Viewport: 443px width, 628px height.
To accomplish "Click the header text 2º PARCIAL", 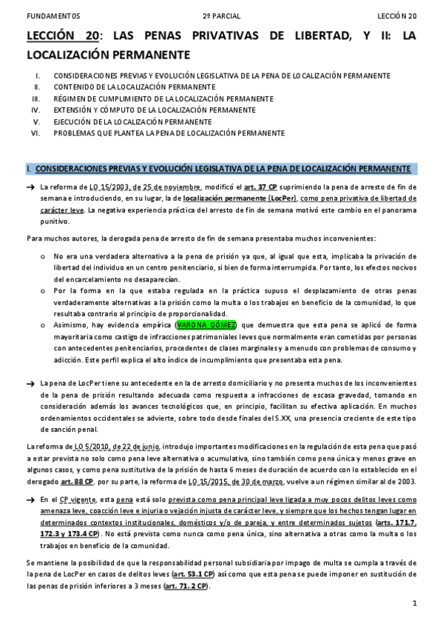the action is tap(221, 16).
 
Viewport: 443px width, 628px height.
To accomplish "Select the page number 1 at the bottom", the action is tap(416, 604).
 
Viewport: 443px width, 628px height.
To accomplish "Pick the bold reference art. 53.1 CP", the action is tap(192, 575).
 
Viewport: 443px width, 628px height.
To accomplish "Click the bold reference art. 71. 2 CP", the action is tap(188, 587).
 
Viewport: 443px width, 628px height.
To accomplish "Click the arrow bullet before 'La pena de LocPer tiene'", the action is tap(30, 384).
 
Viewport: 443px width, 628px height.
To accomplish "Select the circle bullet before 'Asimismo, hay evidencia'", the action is tap(43, 325).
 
